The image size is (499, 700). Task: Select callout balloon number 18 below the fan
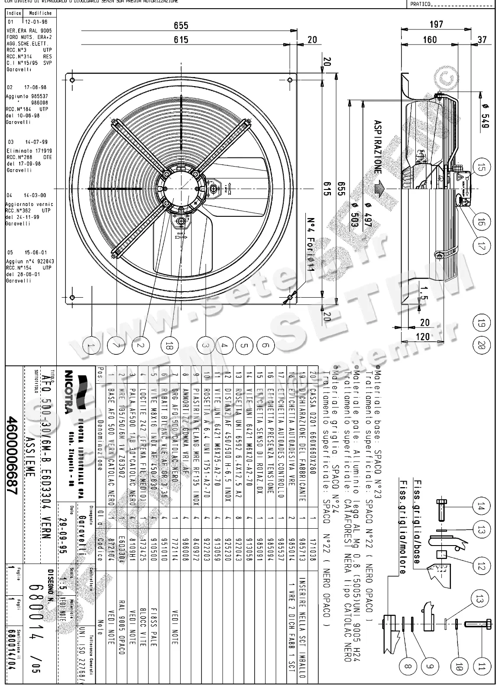pyautogui.click(x=169, y=345)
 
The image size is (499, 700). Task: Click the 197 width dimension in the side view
pyautogui.click(x=436, y=24)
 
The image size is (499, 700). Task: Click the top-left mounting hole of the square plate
pyautogui.click(x=72, y=80)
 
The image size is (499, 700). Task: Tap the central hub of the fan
pyautogui.click(x=181, y=189)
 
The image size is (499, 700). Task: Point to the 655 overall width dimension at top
pyautogui.click(x=181, y=26)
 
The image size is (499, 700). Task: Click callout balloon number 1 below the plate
pyautogui.click(x=91, y=345)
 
